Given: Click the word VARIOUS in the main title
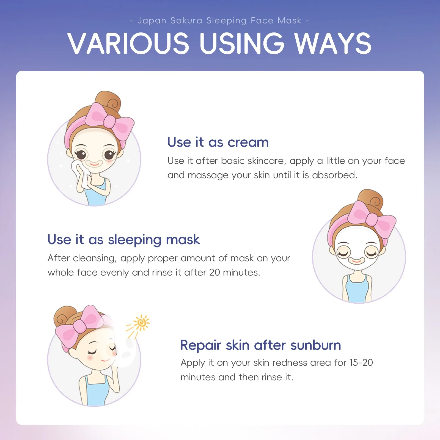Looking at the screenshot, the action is (x=129, y=43).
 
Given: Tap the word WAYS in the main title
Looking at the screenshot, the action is (x=333, y=43).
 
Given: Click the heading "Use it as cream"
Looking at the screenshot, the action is (x=218, y=142).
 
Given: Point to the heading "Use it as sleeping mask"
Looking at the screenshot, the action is (x=123, y=240).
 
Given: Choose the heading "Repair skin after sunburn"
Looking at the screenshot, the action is (x=260, y=345).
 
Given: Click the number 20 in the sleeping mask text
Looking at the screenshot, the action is (x=215, y=273).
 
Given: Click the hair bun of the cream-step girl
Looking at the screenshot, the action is (x=108, y=101).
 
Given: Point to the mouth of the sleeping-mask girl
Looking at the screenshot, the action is (x=356, y=260).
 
